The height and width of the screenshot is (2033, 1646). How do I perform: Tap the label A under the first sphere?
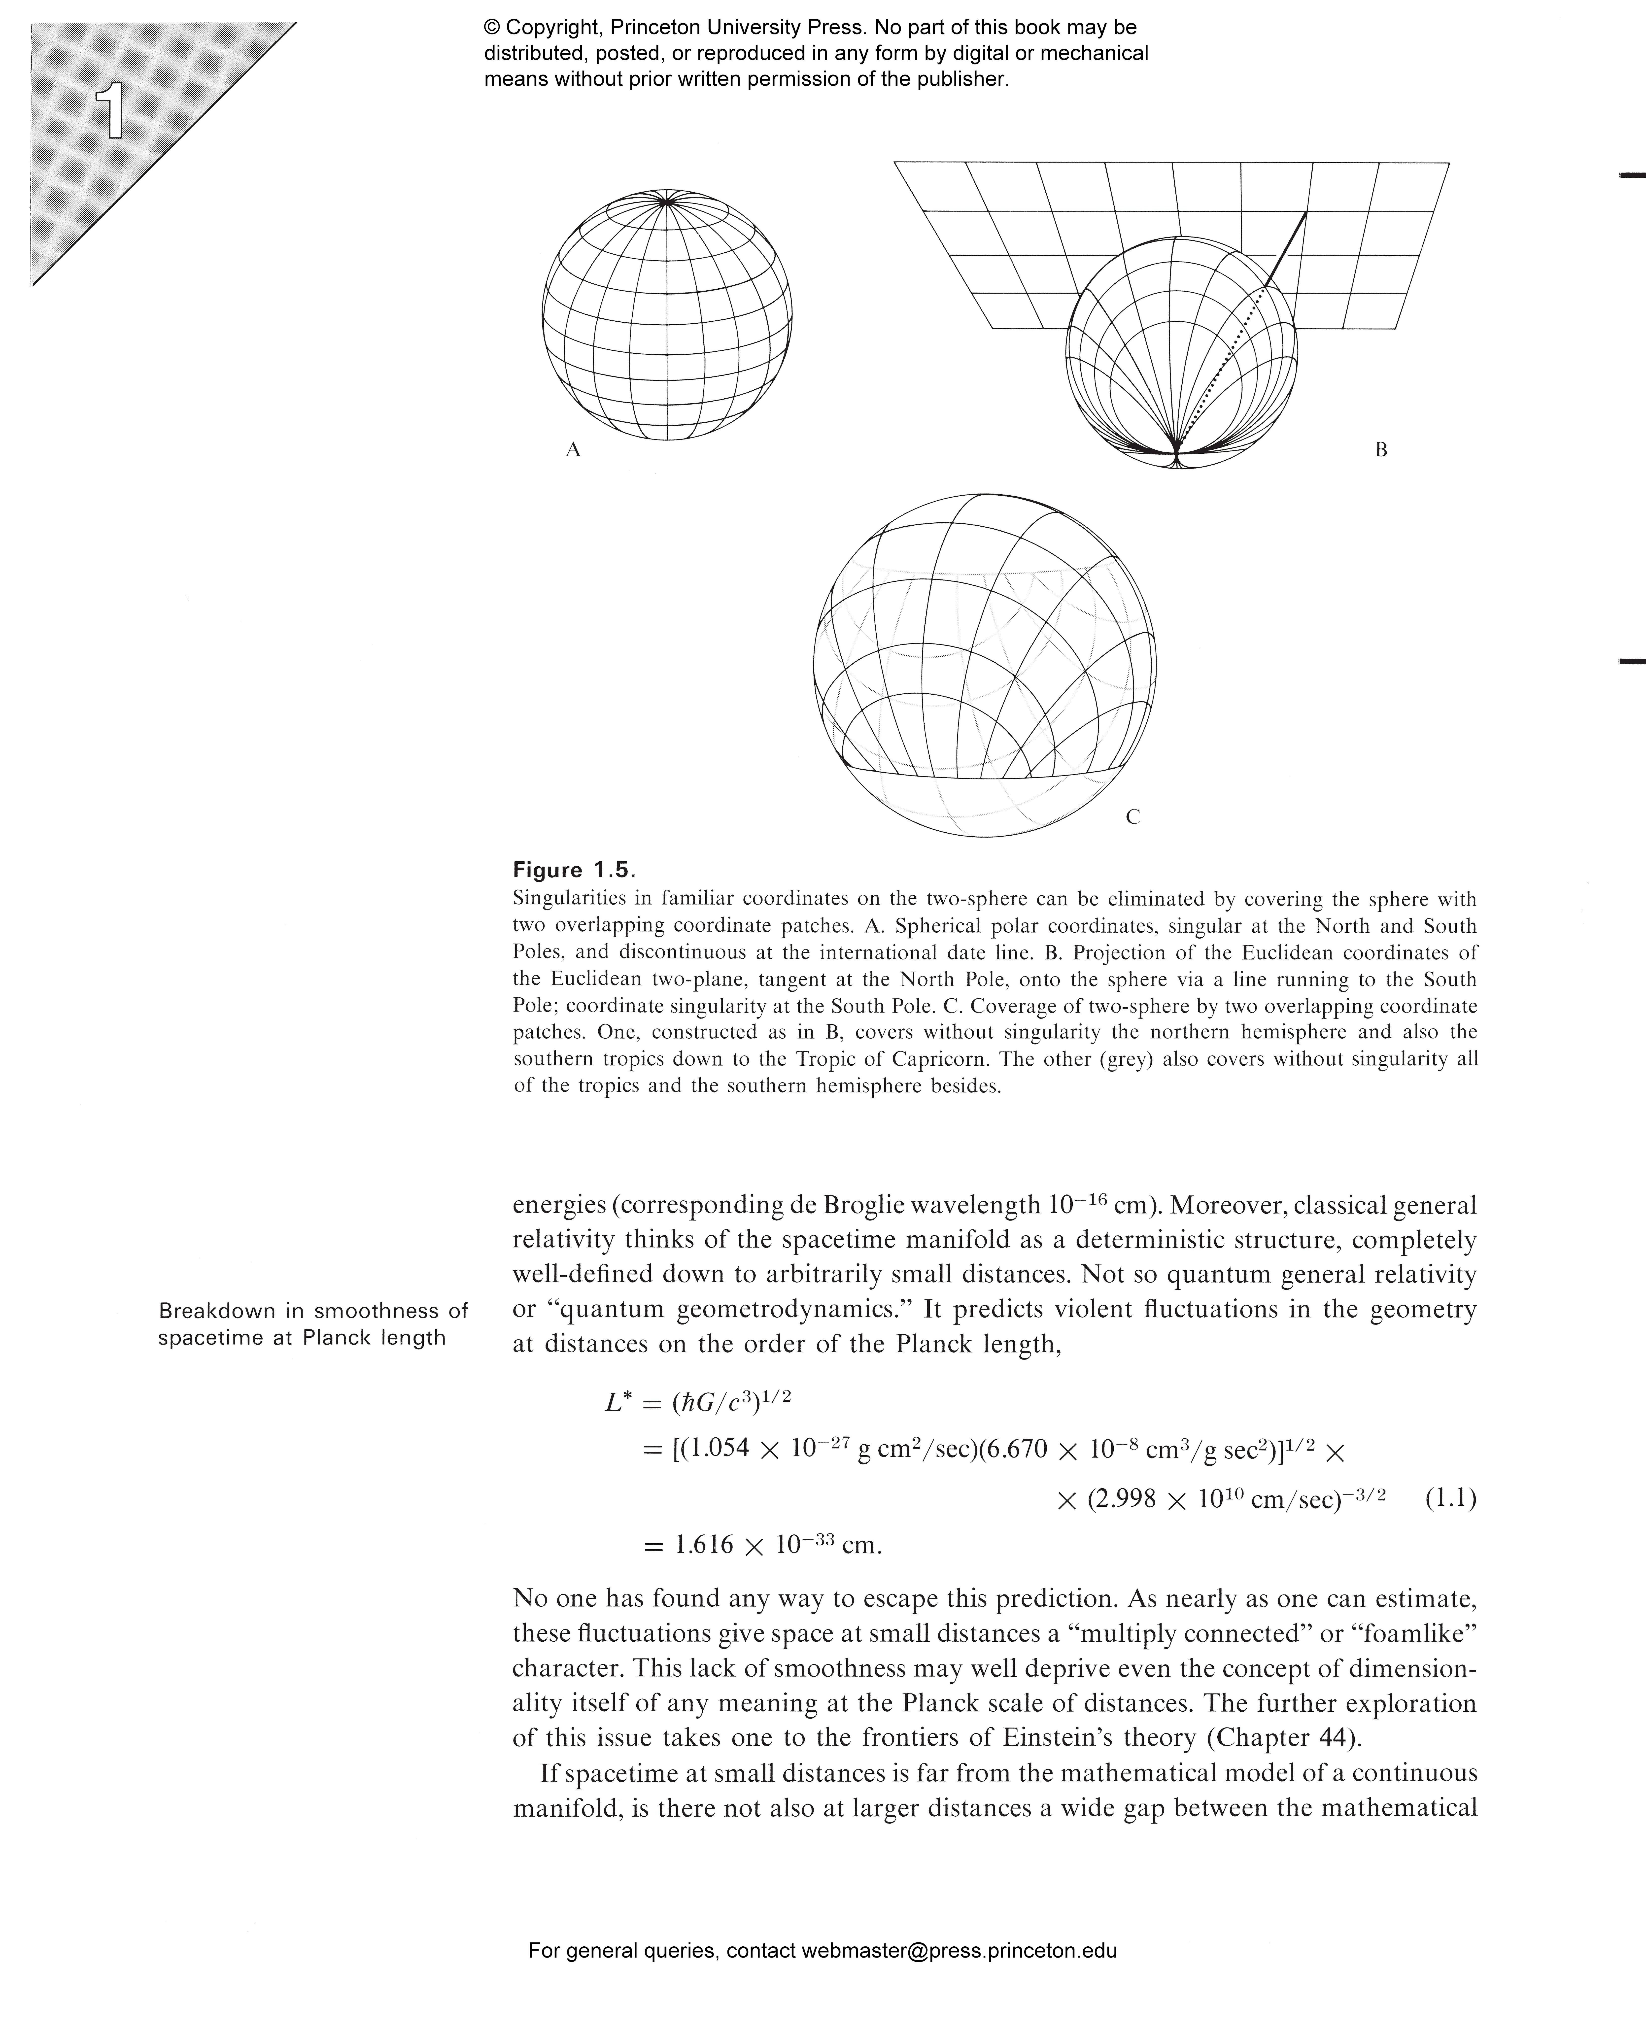click(x=573, y=450)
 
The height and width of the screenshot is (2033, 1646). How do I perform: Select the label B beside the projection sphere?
click(x=1380, y=450)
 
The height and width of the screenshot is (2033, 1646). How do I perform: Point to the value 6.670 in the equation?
click(x=1013, y=1449)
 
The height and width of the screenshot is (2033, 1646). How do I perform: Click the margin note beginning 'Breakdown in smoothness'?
click(x=313, y=1324)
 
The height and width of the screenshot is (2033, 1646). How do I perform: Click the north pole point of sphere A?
click(x=667, y=201)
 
